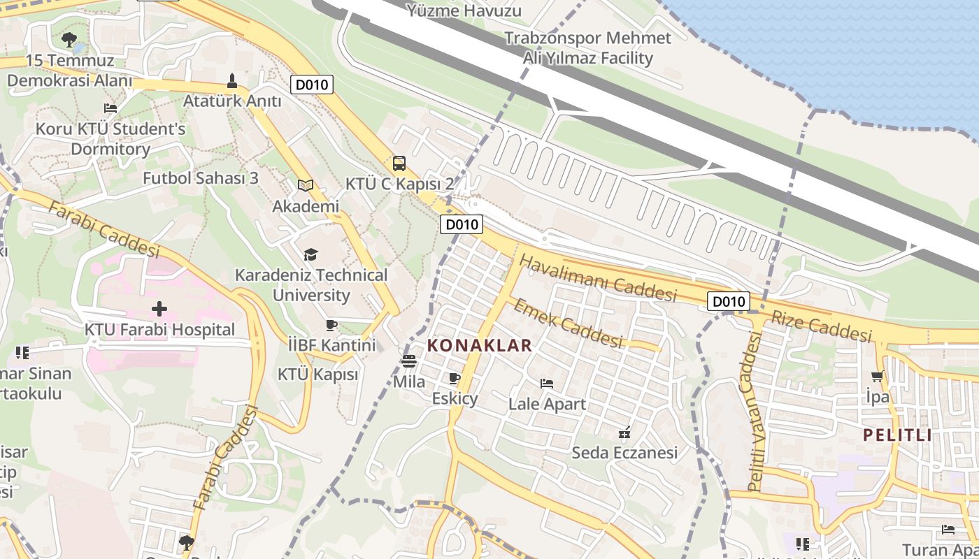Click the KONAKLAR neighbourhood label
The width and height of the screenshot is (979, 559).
(479, 345)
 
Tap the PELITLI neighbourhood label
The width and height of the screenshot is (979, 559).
(897, 435)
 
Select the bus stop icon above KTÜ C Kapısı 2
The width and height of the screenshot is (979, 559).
(399, 164)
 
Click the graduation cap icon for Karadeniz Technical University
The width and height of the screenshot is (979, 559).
(310, 254)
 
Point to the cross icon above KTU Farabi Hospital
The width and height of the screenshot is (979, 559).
(159, 308)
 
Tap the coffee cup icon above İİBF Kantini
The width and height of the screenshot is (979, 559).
(331, 325)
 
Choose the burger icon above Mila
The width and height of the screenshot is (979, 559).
(409, 361)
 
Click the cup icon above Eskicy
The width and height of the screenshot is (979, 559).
(455, 379)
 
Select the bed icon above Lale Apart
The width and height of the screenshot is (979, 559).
(547, 383)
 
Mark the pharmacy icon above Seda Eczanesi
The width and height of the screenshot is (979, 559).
(625, 433)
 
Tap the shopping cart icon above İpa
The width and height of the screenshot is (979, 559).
(878, 377)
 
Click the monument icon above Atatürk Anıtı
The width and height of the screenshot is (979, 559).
(232, 81)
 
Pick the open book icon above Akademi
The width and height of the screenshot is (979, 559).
(305, 185)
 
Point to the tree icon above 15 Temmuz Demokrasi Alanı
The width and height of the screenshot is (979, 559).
(69, 39)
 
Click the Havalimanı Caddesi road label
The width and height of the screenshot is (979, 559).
(598, 277)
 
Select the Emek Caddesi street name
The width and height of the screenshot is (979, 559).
(567, 322)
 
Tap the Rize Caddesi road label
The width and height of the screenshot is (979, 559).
(822, 326)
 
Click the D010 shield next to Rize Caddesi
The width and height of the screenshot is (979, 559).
(728, 301)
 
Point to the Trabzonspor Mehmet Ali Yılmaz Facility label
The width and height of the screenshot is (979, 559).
(587, 48)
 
